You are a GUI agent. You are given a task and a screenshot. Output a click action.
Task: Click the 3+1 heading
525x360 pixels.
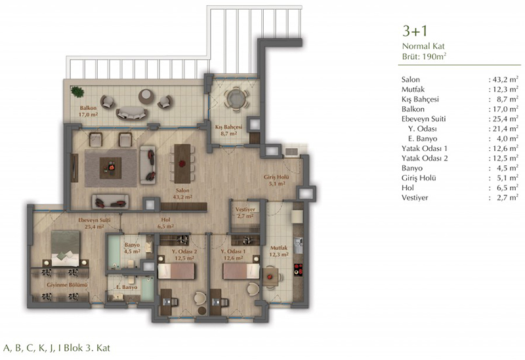415,31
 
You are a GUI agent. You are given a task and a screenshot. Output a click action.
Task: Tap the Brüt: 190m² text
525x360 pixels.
424,56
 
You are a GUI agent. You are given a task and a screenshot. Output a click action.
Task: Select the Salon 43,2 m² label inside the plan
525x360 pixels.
182,193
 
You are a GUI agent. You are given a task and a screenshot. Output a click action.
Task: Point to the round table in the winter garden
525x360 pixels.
236,98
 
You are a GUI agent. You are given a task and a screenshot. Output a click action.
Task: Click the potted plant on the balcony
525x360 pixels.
77,92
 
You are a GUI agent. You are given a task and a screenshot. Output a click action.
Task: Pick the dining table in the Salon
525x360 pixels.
182,163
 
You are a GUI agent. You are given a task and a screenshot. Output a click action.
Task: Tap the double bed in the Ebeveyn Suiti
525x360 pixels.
66,249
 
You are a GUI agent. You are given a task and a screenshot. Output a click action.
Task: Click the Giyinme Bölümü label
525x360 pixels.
67,285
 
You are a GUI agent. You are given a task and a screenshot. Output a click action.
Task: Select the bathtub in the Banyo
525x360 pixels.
114,251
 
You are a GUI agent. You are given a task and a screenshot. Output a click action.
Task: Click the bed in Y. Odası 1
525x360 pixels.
241,271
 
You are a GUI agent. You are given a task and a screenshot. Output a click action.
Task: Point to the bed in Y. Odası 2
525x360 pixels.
176,271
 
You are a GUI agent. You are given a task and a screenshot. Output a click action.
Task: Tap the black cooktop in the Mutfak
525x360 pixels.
299,270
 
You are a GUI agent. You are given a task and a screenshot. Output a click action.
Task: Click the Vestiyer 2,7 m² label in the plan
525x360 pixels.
245,212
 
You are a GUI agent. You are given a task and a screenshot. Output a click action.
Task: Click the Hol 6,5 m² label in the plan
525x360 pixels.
165,223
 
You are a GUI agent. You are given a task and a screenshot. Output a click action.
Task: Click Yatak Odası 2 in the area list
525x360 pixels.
425,158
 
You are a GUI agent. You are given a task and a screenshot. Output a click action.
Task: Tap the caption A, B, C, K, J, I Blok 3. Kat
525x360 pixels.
56,348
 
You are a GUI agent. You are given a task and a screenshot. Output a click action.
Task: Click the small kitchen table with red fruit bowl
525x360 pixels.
270,276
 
